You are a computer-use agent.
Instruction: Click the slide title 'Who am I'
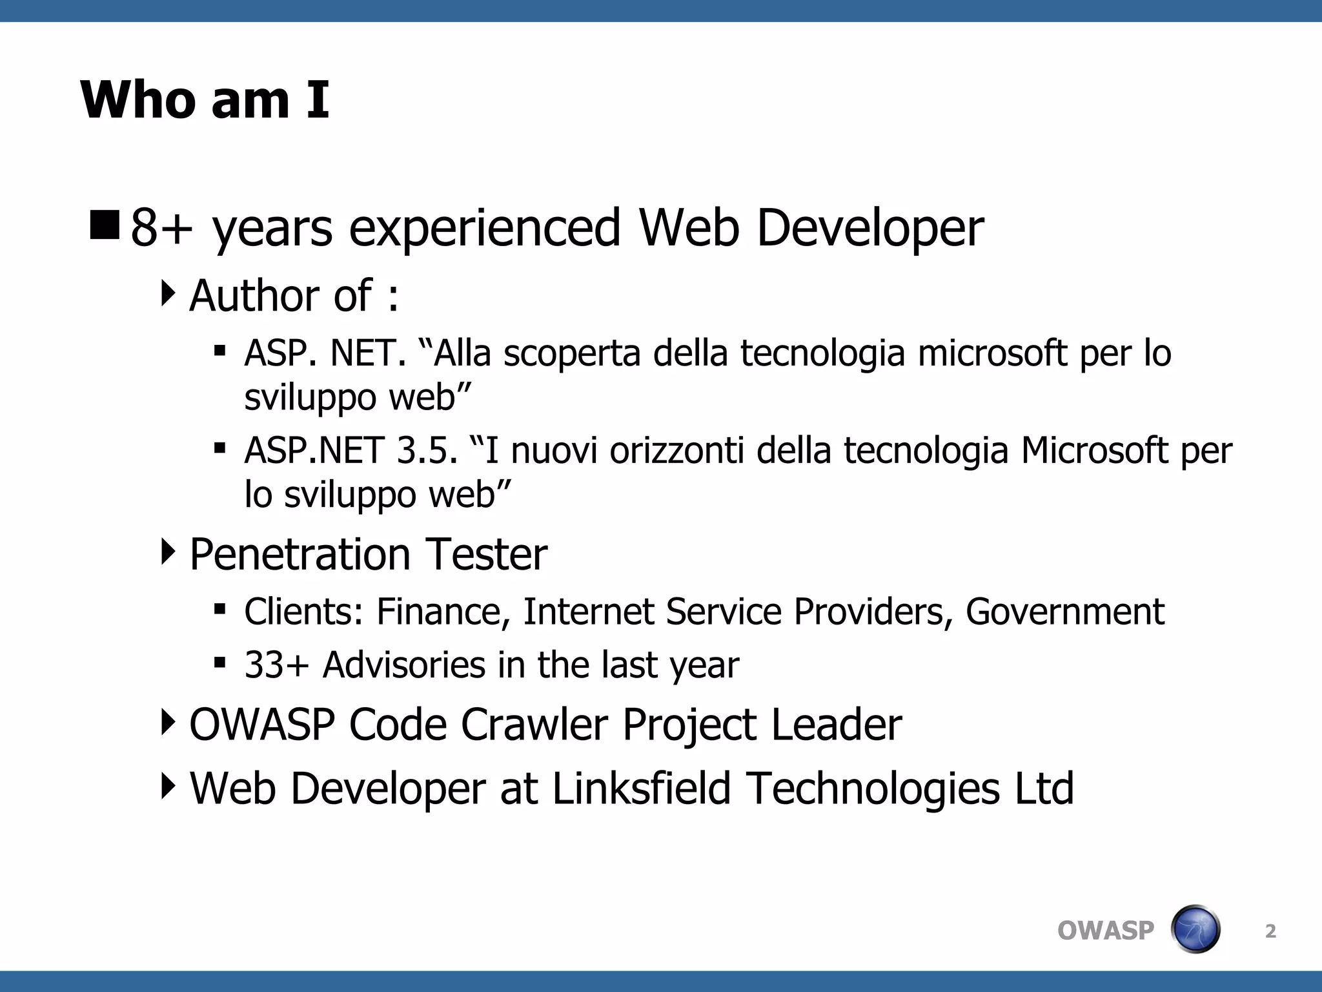pyautogui.click(x=205, y=100)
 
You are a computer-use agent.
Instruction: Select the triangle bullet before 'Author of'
pyautogui.click(x=168, y=294)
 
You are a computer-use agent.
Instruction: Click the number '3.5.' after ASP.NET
pyautogui.click(x=427, y=451)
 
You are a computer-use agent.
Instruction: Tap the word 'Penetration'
pyautogui.click(x=300, y=555)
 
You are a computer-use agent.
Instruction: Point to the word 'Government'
pyautogui.click(x=1065, y=612)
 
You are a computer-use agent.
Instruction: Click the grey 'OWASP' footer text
pyautogui.click(x=1106, y=931)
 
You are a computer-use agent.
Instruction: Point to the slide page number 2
pyautogui.click(x=1270, y=931)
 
